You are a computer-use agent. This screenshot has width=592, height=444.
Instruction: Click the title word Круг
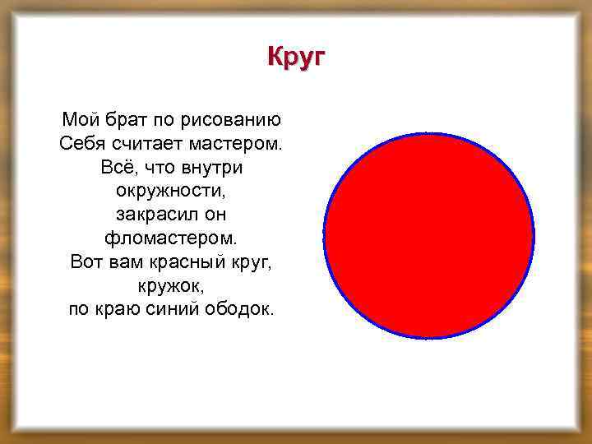point(297,58)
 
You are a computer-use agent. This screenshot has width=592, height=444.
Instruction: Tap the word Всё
point(115,168)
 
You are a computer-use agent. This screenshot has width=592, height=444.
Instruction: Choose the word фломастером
point(171,239)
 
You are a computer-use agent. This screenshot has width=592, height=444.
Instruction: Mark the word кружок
point(170,287)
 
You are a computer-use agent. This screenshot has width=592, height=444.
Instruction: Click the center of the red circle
point(428,236)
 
